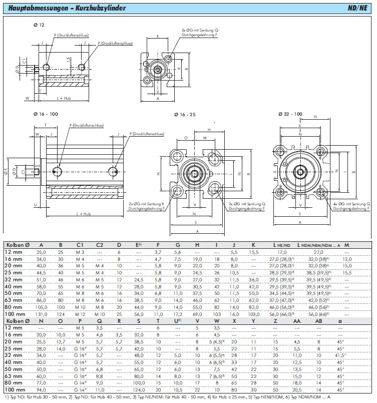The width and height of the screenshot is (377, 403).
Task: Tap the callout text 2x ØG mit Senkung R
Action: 146,204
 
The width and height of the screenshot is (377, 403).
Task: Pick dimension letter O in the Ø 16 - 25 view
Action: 186,137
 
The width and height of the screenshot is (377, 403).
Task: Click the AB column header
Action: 319,321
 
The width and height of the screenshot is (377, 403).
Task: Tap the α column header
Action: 341,321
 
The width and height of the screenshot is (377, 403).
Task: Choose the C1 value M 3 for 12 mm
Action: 80,251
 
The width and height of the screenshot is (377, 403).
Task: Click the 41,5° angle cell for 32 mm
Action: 341,354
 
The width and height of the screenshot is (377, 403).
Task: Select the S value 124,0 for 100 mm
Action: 138,388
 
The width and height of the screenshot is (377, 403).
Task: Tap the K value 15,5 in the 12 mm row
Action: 254,251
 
